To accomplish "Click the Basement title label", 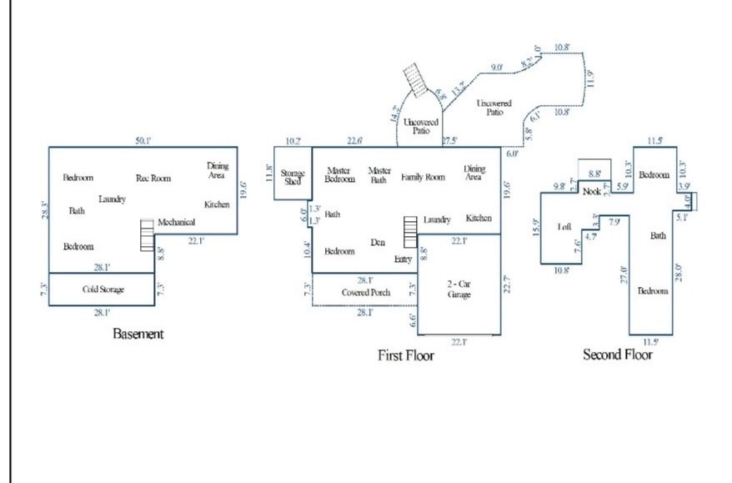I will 138,335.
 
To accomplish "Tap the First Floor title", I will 406,355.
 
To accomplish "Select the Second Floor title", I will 617,355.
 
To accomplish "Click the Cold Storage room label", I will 103,289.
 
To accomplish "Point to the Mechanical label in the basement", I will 176,222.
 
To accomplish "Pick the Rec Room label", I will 153,178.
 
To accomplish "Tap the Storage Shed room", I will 293,177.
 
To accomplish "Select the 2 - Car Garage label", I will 460,289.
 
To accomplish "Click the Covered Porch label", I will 365,293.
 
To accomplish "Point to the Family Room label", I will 423,177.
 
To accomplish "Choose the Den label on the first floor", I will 378,243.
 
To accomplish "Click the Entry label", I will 404,259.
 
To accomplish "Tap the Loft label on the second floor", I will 564,227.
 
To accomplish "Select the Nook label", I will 592,192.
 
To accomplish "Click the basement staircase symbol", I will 148,234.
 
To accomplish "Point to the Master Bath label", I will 379,175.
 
